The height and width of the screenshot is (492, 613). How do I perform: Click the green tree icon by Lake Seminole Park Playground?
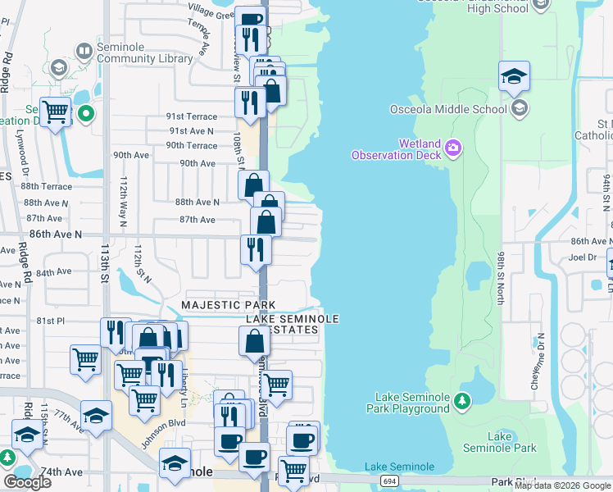click(x=463, y=401)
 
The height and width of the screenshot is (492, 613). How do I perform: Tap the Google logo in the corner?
click(x=27, y=482)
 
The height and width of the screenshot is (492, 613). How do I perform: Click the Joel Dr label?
click(x=583, y=257)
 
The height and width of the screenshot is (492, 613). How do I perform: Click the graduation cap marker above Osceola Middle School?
click(x=514, y=76)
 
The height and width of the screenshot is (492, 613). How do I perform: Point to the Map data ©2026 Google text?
click(x=562, y=485)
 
